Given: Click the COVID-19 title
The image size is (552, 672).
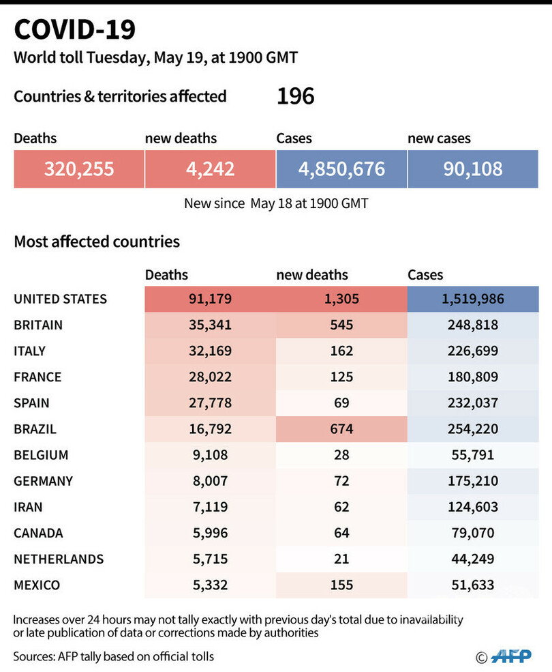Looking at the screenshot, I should [x=75, y=30].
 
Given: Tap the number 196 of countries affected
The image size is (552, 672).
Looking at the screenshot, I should [x=295, y=96].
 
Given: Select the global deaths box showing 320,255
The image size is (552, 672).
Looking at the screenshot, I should [x=79, y=169].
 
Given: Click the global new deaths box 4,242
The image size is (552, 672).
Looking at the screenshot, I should [x=210, y=169].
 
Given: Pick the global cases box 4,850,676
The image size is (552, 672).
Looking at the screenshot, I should [x=341, y=169].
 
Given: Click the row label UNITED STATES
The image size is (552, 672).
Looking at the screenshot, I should [x=60, y=299].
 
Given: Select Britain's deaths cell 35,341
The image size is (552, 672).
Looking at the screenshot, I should [x=210, y=325].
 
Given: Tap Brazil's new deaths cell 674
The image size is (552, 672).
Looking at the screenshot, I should [x=341, y=429].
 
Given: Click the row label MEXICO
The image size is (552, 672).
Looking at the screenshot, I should [x=37, y=585].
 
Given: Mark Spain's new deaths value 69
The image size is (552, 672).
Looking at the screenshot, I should [x=341, y=403].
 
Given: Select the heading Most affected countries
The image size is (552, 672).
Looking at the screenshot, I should [x=97, y=242].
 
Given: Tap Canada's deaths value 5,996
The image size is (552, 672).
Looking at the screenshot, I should [x=210, y=533].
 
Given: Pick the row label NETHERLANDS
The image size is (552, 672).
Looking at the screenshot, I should [x=59, y=559].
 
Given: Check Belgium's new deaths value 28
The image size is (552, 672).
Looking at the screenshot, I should [x=341, y=455].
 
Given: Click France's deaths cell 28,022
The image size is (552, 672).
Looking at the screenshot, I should [x=210, y=377].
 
